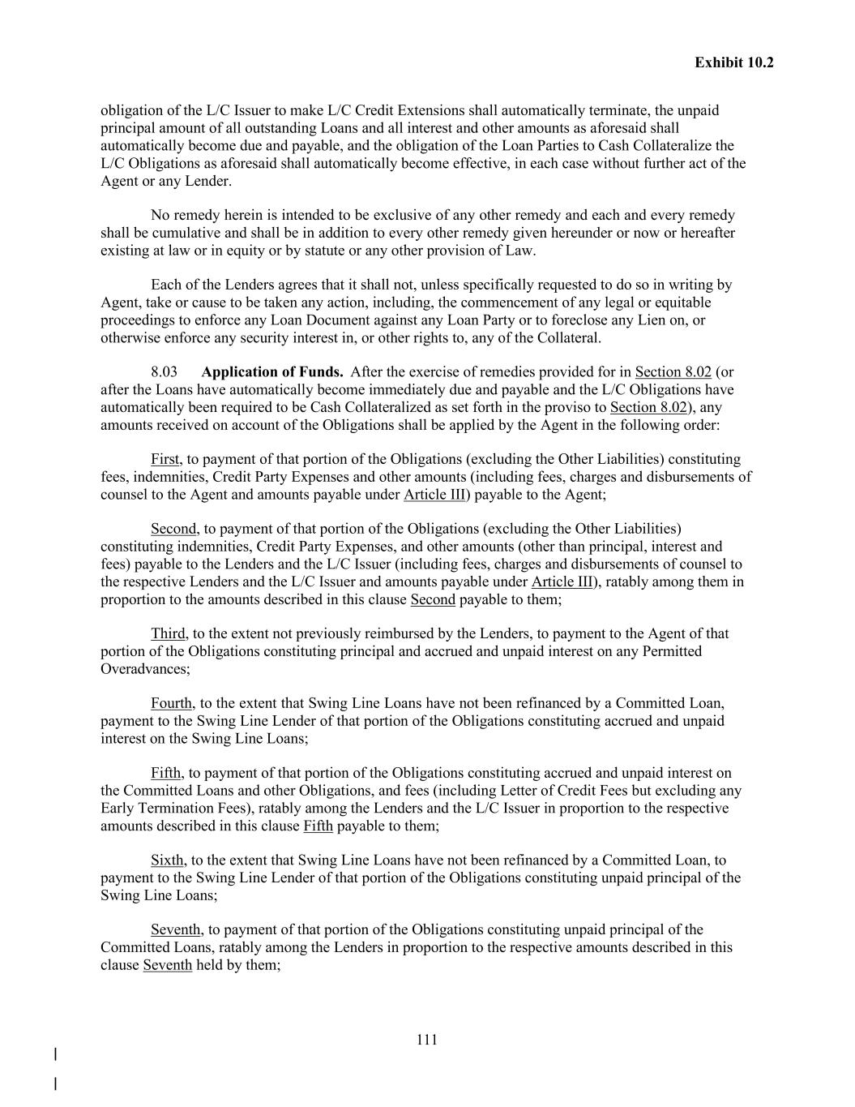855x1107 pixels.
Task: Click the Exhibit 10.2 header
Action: pyautogui.click(x=733, y=62)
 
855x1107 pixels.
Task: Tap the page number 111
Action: pyautogui.click(x=427, y=1040)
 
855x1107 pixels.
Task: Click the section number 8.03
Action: pyautogui.click(x=164, y=372)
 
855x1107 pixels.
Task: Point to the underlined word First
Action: pyautogui.click(x=165, y=459)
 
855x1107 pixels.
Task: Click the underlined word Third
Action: pyautogui.click(x=168, y=633)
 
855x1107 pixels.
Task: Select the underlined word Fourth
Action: pyautogui.click(x=171, y=703)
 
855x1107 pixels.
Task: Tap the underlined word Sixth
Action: pyautogui.click(x=167, y=860)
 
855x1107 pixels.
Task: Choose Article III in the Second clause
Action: pyautogui.click(x=562, y=581)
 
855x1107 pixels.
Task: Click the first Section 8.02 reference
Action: pyautogui.click(x=673, y=372)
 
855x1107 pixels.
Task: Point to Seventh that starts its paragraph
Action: pyautogui.click(x=175, y=929)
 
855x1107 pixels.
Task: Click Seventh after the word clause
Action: pyautogui.click(x=167, y=965)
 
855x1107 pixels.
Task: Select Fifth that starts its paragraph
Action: pyautogui.click(x=165, y=773)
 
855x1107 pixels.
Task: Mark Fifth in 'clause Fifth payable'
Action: pyautogui.click(x=318, y=826)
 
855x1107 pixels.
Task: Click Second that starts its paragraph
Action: pyautogui.click(x=173, y=529)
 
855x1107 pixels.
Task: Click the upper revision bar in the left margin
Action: pyautogui.click(x=55, y=1054)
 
